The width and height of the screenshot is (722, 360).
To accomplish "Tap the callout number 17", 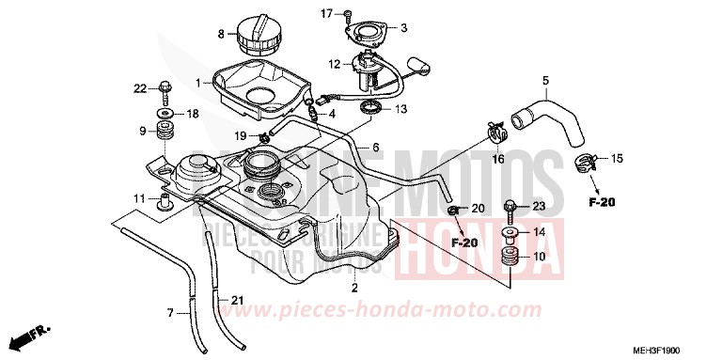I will tap(327, 13).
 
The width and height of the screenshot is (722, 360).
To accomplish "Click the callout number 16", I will tap(498, 160).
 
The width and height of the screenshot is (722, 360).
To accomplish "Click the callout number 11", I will tap(138, 198).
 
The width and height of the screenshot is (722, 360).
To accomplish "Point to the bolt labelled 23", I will tap(510, 207).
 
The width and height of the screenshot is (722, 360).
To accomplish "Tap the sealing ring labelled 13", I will tap(372, 109).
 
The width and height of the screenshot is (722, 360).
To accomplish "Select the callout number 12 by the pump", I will tap(334, 64).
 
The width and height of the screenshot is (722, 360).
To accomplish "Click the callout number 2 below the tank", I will tap(354, 287).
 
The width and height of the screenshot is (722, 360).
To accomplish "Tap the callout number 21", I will tap(238, 301).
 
